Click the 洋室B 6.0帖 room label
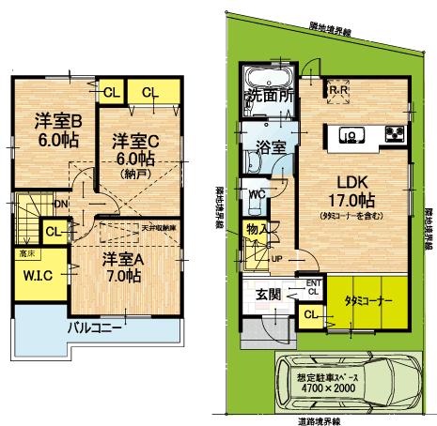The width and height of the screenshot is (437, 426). coord(58,129)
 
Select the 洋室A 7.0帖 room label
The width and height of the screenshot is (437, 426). coord(122,266)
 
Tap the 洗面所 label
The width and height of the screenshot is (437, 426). coord(270,96)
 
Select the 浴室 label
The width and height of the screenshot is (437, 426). coord(271,146)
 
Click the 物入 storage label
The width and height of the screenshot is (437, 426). coord(255,228)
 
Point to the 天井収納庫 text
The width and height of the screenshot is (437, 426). coord(161,227)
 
